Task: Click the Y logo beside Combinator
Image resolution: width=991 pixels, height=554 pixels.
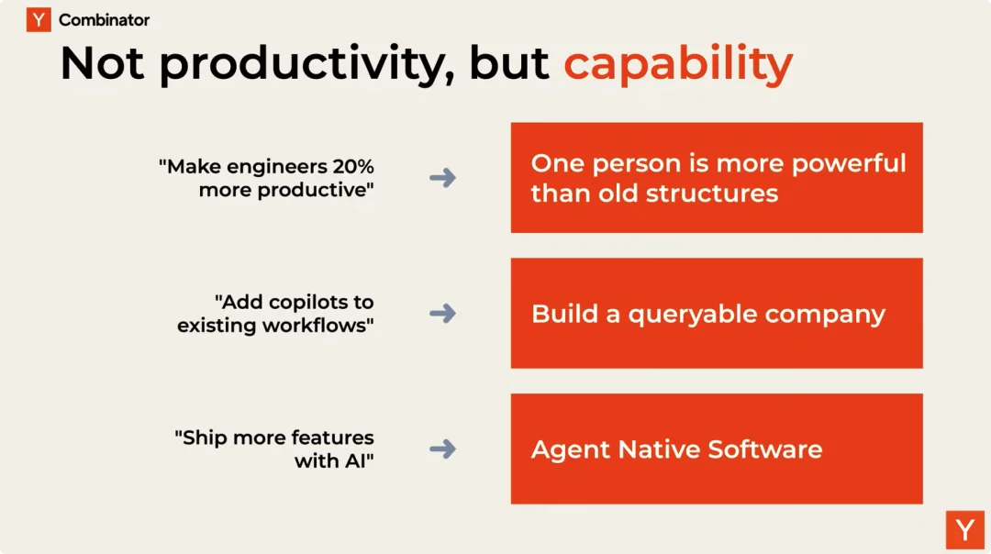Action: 39,19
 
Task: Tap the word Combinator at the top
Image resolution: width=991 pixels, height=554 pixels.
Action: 105,20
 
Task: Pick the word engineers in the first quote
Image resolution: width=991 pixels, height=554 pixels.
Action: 277,168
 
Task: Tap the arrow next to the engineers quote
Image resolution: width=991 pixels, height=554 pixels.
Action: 442,178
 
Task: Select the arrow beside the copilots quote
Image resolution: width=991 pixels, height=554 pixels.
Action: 442,314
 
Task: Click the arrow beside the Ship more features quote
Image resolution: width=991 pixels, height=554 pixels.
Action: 442,449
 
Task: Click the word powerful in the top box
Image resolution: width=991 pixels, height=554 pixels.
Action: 849,164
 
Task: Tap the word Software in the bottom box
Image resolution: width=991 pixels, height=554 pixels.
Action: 764,449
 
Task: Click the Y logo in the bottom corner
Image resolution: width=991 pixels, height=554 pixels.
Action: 965,530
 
